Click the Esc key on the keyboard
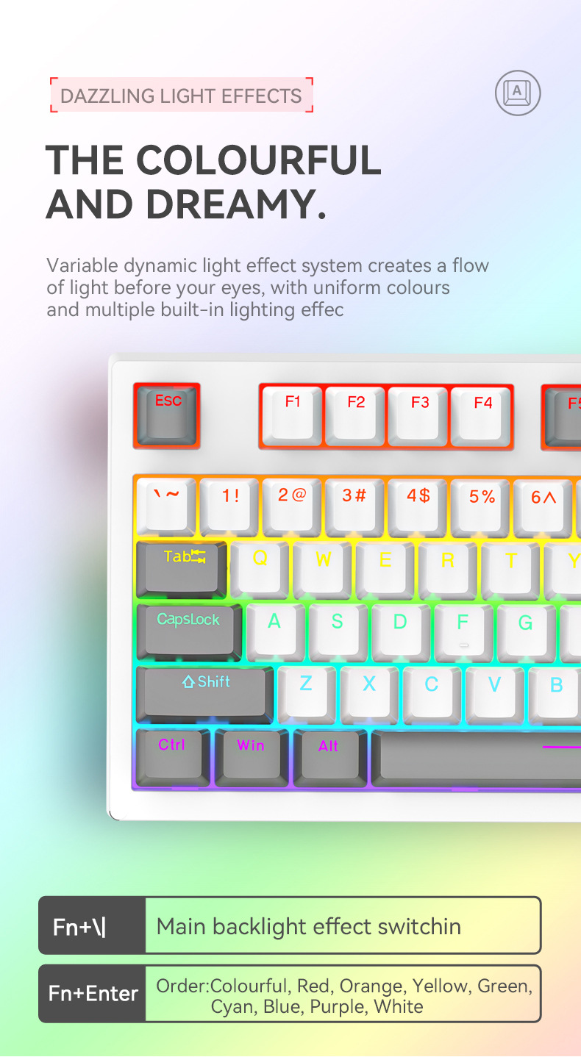point(167,416)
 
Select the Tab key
point(182,570)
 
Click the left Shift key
point(205,695)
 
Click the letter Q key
point(259,570)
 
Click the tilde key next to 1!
point(165,507)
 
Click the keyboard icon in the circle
point(518,93)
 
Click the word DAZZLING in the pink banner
point(107,96)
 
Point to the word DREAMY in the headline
point(230,204)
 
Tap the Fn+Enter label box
point(93,993)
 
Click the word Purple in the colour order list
point(338,1007)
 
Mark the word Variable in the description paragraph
point(82,265)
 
